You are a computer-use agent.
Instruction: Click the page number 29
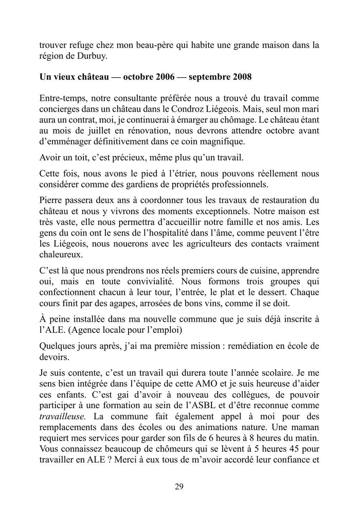(179, 486)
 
